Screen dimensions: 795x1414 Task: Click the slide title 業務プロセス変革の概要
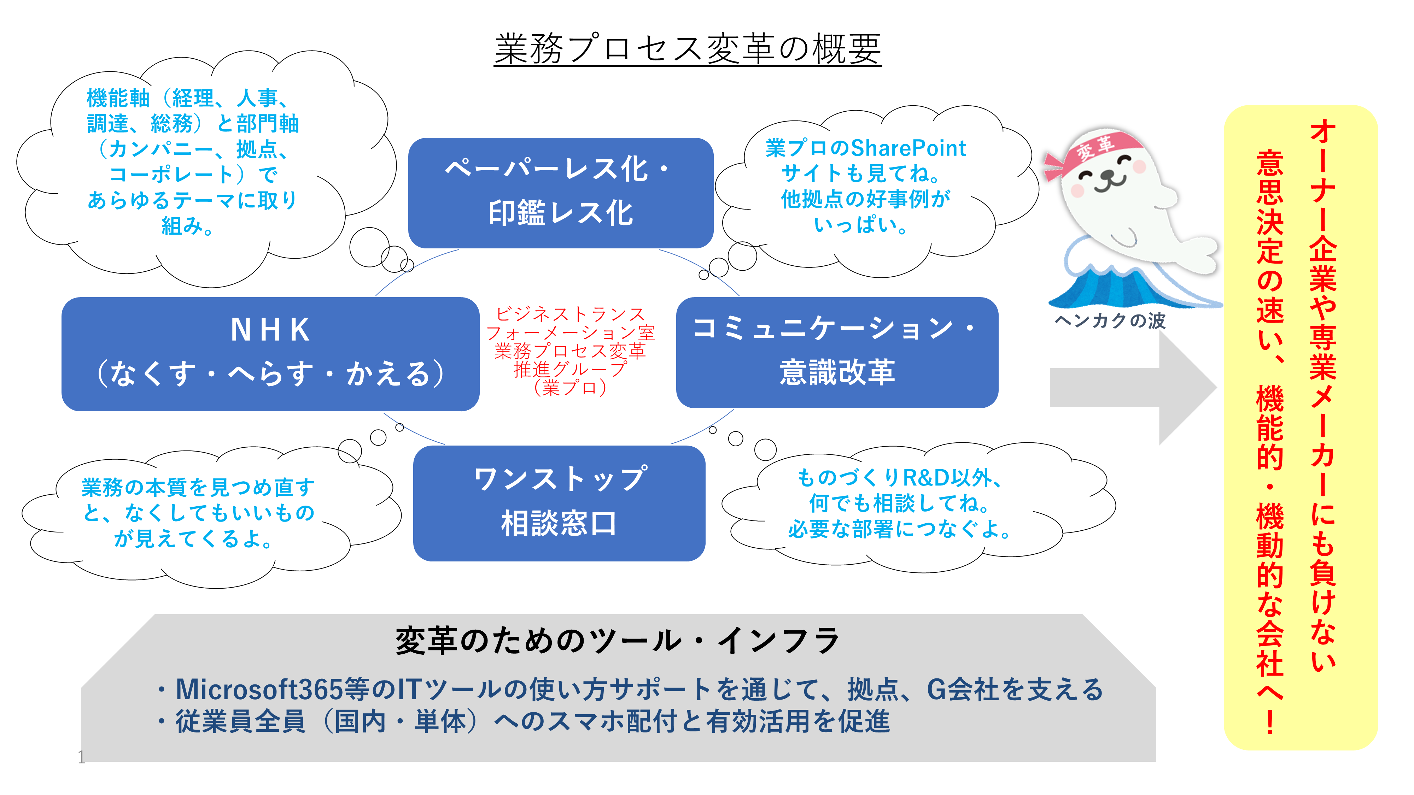[687, 49]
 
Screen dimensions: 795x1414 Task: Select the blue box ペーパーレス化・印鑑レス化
[560, 192]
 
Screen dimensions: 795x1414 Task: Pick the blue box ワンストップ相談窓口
[559, 502]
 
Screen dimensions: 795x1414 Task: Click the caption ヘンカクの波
[1110, 321]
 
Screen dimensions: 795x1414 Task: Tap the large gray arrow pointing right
[1131, 387]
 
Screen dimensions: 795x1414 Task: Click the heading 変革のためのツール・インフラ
[618, 641]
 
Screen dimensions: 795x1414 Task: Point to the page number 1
[81, 758]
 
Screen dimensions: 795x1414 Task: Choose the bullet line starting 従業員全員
[524, 722]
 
